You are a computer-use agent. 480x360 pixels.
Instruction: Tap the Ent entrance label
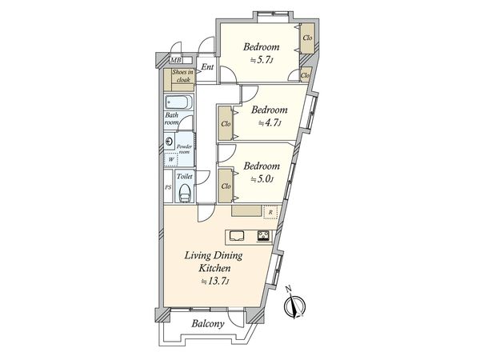(x=206, y=67)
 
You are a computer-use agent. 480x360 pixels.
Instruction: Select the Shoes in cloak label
(x=178, y=81)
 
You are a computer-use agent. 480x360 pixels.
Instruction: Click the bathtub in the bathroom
(x=178, y=103)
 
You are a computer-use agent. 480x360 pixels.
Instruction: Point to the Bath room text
(x=172, y=120)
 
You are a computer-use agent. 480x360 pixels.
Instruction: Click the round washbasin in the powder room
(x=170, y=142)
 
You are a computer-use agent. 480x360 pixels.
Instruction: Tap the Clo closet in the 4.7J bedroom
(x=226, y=124)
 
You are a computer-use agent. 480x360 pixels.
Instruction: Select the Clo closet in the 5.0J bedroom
(x=226, y=186)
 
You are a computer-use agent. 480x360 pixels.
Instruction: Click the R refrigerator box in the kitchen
(x=270, y=212)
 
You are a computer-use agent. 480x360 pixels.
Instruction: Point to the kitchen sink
(x=238, y=235)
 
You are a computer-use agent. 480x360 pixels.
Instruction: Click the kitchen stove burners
(x=262, y=235)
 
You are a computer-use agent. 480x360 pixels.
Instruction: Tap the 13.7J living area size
(x=216, y=282)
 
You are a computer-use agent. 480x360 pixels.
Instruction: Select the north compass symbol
(x=295, y=305)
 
